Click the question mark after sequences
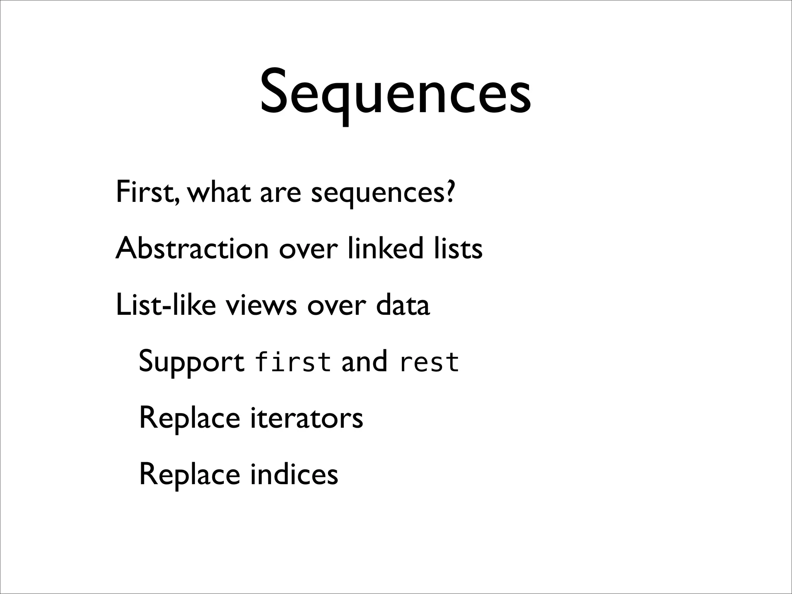click(449, 192)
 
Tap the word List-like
click(166, 305)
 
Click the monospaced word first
click(293, 361)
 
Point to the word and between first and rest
click(364, 361)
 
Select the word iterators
click(307, 418)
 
